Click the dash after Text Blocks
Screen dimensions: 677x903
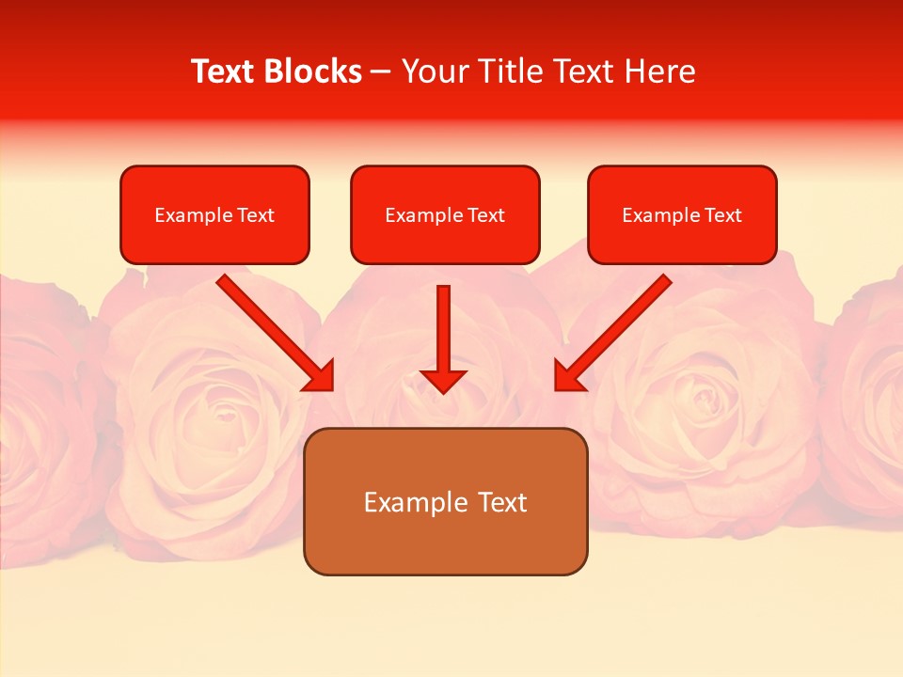381,72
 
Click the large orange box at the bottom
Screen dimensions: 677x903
445,545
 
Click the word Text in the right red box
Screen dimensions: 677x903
723,215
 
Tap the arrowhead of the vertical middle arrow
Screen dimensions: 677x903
443,380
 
